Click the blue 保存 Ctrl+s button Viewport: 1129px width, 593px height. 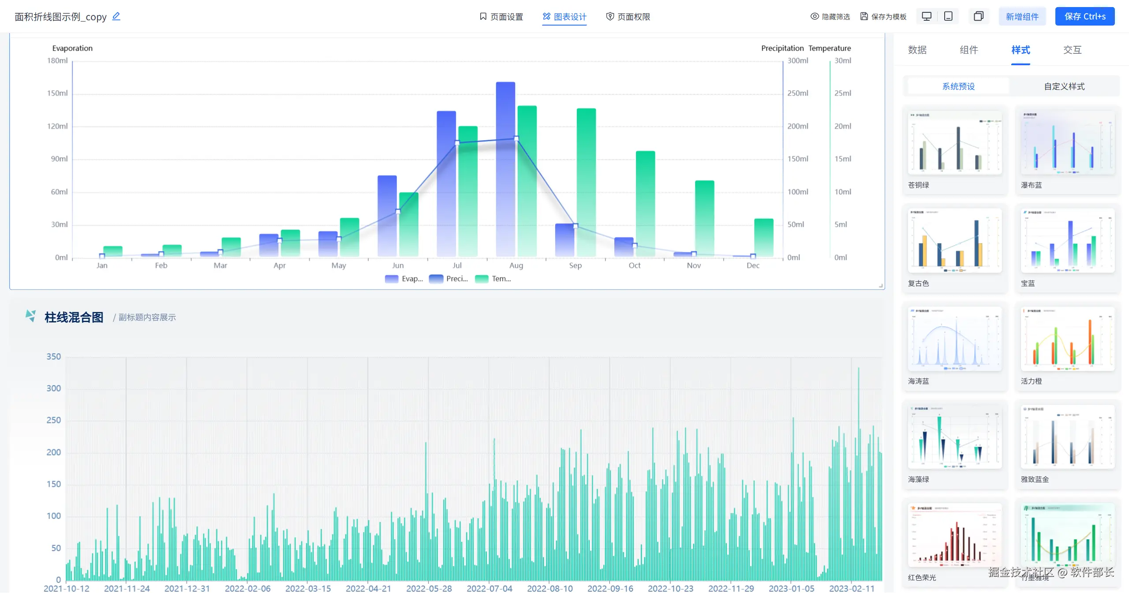(1084, 17)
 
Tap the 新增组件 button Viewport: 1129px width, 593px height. (1022, 17)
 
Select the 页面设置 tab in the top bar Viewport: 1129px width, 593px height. (501, 17)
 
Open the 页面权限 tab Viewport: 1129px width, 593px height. (628, 17)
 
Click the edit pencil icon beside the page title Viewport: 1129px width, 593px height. (116, 16)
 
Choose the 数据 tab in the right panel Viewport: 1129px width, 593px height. (917, 50)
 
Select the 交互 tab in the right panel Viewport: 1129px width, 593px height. (1072, 50)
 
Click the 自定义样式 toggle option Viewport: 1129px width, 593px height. (1064, 86)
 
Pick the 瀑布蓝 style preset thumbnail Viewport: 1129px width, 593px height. (1067, 143)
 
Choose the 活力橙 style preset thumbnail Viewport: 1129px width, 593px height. (1067, 339)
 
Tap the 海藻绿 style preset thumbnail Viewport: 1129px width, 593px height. (955, 437)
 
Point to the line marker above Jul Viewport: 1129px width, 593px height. (457, 142)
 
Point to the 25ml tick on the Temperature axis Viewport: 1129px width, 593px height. (842, 93)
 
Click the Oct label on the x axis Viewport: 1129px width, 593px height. (635, 265)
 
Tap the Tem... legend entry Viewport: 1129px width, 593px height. (493, 279)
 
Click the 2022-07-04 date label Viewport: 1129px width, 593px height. (489, 588)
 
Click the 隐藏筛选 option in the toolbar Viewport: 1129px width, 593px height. (830, 17)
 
